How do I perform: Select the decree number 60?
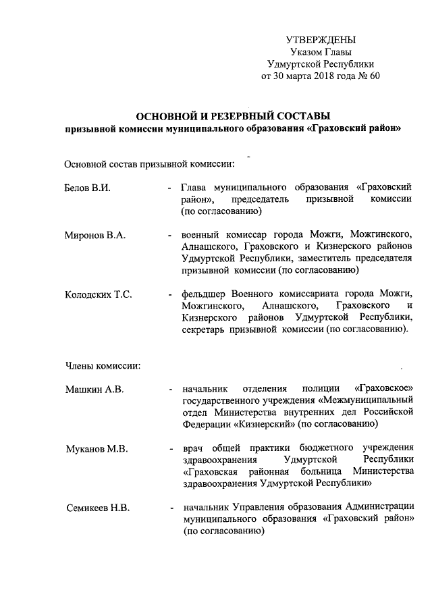point(375,76)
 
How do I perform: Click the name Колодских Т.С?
point(98,295)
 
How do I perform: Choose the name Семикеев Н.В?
point(97,508)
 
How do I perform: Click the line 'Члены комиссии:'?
point(103,366)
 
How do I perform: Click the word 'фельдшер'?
point(204,294)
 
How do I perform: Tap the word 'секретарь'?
point(207,331)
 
